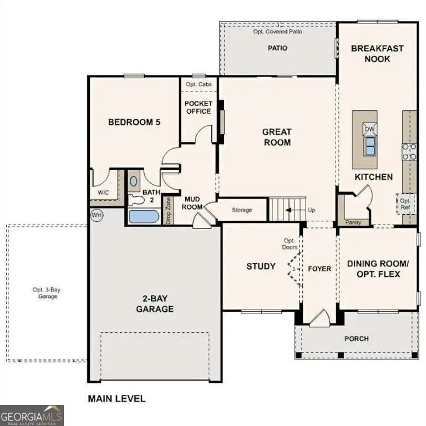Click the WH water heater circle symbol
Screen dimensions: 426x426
pos(97,215)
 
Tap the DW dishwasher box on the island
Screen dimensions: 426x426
pos(370,129)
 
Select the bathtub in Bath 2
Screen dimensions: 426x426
pos(144,216)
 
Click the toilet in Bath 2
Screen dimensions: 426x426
pos(135,200)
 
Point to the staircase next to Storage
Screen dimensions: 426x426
pos(287,210)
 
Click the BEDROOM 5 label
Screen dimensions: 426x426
pos(134,122)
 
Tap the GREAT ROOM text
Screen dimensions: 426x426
pos(276,137)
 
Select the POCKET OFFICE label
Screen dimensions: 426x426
pos(198,108)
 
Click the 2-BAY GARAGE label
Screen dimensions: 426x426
pos(155,303)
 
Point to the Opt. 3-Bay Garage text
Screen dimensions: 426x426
pos(44,292)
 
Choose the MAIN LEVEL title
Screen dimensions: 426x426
pos(116,398)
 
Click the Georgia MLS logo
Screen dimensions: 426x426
pos(32,415)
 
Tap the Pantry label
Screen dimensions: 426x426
pos(353,222)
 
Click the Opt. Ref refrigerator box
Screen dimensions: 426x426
pos(405,204)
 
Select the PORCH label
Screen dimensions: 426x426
pos(356,338)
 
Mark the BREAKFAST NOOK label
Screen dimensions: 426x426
pos(377,54)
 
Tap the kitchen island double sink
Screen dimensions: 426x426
pos(369,146)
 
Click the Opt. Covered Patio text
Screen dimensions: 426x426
pos(277,32)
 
